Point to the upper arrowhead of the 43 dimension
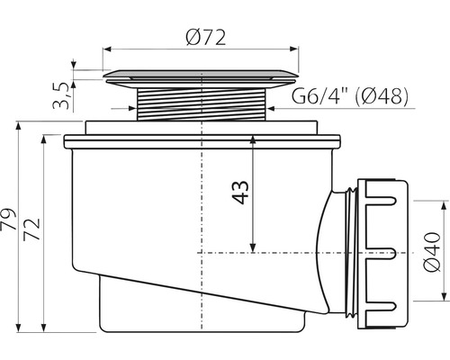[x=256, y=143]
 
